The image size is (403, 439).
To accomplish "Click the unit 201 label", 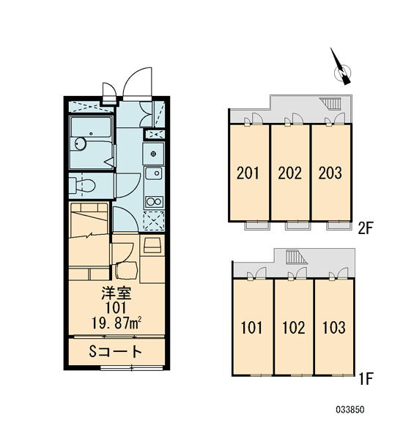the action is point(248,173).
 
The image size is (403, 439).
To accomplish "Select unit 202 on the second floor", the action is point(290,173).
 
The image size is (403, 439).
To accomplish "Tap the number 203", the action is point(330,173).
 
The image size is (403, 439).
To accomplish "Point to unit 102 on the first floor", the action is point(294,327).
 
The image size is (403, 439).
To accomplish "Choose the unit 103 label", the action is point(333,327).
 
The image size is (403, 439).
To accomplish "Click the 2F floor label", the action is point(366,229).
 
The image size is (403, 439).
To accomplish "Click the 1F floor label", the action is point(366,379).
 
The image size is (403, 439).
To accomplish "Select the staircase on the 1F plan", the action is point(296,257).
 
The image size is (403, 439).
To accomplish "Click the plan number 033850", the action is point(350,410).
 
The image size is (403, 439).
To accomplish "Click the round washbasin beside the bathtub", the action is point(80,144).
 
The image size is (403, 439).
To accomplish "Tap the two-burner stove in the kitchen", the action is point(154,202).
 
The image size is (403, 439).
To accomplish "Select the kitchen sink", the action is point(154,173).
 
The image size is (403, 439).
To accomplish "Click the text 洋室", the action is point(117,293).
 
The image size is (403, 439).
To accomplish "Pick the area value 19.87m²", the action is point(117,323).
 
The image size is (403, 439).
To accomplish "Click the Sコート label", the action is point(115,352).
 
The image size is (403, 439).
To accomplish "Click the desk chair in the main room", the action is point(126,270).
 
